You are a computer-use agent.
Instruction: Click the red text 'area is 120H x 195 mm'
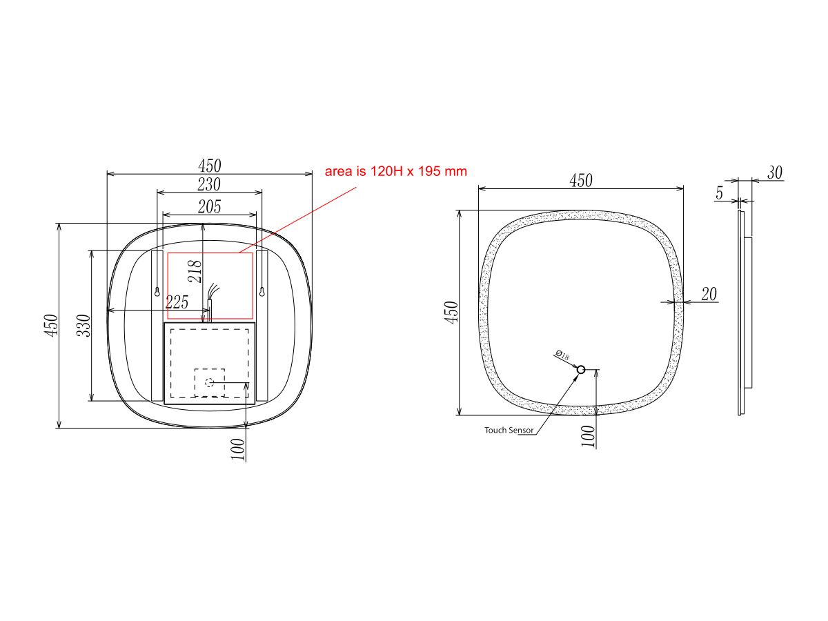(x=396, y=171)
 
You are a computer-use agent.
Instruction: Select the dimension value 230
(x=209, y=185)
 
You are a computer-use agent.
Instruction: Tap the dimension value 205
(x=209, y=206)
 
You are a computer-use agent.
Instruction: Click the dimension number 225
(x=177, y=302)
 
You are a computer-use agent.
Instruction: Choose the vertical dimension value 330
(x=83, y=326)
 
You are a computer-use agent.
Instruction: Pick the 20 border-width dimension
(x=709, y=295)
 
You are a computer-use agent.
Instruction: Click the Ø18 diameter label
(x=562, y=356)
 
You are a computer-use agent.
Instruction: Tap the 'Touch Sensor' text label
(x=509, y=430)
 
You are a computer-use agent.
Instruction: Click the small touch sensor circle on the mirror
(x=580, y=371)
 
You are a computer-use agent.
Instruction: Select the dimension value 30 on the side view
(x=775, y=173)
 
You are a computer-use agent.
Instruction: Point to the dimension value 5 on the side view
(x=719, y=195)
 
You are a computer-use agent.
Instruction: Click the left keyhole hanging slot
(x=157, y=291)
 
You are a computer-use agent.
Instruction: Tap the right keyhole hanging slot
(x=262, y=291)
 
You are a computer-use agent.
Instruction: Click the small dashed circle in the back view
(x=210, y=382)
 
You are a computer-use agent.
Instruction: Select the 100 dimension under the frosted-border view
(x=588, y=437)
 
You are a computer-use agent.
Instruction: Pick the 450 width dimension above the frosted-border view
(x=580, y=181)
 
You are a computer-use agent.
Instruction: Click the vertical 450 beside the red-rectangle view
(x=50, y=326)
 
